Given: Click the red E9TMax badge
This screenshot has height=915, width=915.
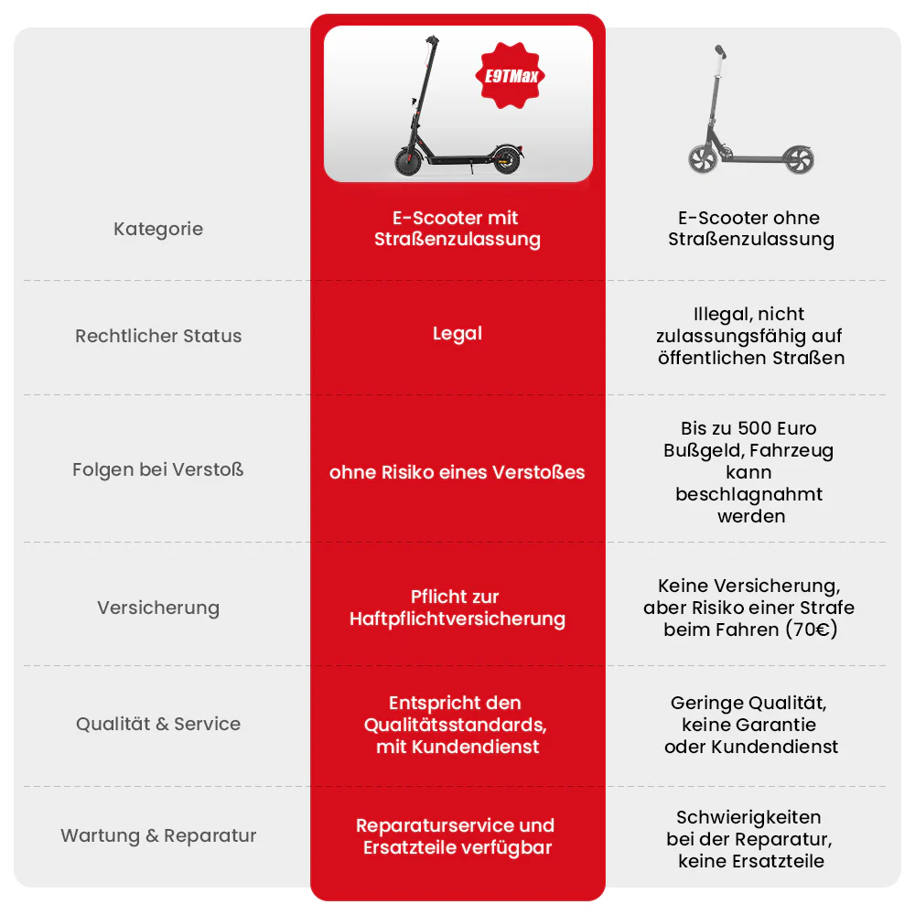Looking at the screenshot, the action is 510,75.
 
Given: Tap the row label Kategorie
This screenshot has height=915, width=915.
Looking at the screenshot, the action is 158,229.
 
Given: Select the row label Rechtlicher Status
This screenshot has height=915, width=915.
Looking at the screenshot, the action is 158,336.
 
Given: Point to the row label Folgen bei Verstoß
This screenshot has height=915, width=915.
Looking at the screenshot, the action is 158,469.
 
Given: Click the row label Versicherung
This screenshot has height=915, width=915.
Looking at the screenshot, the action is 158,608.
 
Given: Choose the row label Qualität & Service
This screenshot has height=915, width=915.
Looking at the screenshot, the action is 158,724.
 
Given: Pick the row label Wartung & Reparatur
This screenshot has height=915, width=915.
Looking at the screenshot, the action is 158,835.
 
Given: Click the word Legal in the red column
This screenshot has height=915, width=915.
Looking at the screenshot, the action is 457,334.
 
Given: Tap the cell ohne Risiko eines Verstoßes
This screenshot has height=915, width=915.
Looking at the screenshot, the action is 457,472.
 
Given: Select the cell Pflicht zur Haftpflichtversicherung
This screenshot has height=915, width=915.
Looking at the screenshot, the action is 457,608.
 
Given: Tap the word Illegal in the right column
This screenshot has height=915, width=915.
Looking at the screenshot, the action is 719,315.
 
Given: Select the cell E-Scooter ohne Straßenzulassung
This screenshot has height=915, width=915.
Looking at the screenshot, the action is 750,229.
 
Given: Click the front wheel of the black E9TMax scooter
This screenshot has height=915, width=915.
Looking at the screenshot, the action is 408,161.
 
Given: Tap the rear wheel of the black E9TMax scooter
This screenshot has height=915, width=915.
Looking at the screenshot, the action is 507,160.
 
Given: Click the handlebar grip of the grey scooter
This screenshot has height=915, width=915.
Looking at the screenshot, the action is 722,52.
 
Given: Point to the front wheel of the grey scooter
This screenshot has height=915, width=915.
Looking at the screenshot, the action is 703,158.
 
